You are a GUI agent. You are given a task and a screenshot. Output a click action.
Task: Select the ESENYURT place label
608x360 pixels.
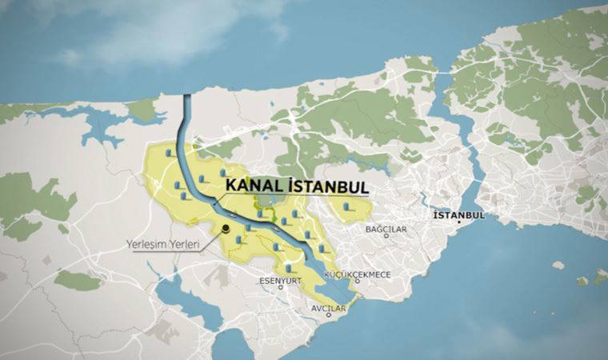[x=280, y=280]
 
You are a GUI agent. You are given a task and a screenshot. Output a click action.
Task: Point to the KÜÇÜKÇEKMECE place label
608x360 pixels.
[x=357, y=274]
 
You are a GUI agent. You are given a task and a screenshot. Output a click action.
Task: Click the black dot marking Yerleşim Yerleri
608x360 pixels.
[x=227, y=228]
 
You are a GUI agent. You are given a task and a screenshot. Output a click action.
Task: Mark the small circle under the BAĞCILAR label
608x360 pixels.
[x=386, y=236]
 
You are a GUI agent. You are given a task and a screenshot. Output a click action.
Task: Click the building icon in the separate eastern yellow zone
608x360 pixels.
[x=346, y=207]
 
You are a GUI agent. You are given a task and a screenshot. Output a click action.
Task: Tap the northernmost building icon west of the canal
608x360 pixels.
[x=169, y=153]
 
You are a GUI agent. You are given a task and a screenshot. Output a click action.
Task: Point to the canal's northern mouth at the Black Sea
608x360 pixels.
[x=186, y=98]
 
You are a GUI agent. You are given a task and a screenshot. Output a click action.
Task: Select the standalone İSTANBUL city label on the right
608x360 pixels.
[x=458, y=215]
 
